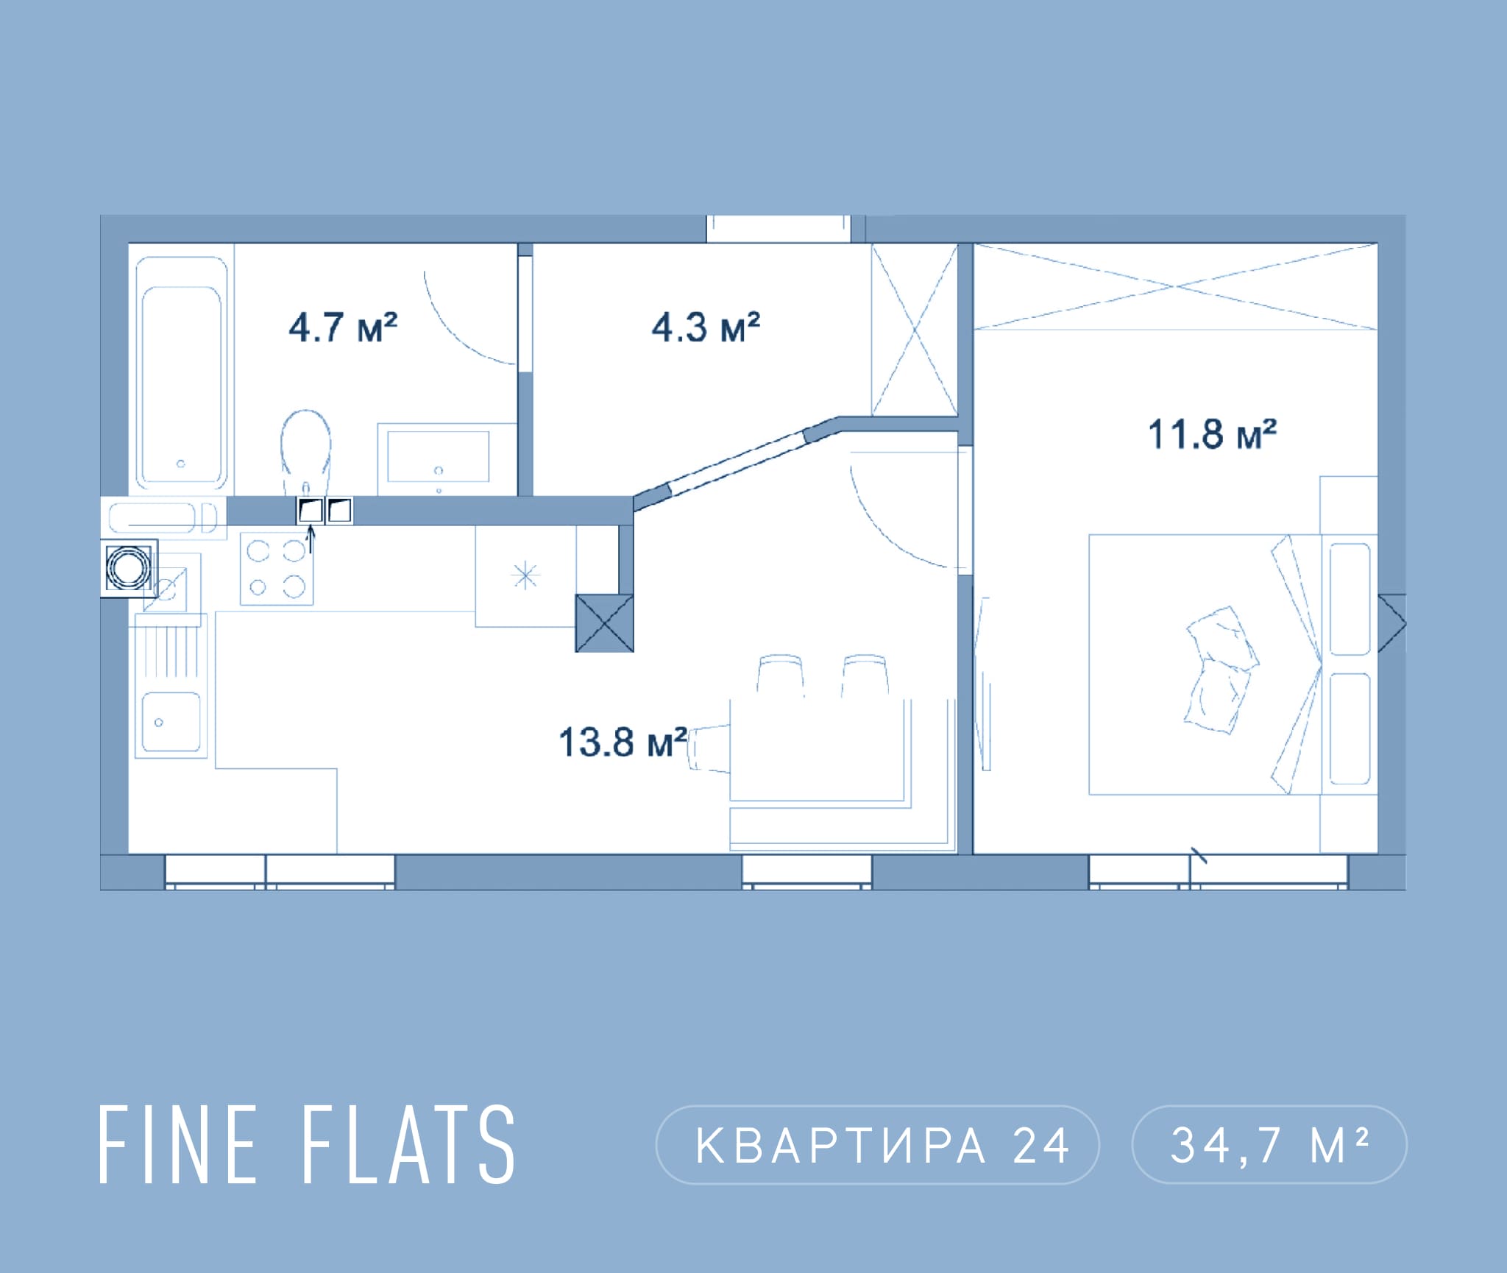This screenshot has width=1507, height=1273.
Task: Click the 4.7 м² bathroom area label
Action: (343, 327)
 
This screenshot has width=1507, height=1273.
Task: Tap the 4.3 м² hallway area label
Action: (706, 327)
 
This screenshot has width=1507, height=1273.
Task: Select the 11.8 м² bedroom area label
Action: (1212, 434)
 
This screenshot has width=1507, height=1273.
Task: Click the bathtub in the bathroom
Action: (181, 373)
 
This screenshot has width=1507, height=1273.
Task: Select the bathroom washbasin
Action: (439, 457)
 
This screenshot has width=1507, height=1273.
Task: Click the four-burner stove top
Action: (277, 568)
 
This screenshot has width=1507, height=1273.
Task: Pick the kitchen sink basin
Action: (171, 723)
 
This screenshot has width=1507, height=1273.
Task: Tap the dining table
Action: (817, 749)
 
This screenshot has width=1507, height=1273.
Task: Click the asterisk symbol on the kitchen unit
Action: (525, 575)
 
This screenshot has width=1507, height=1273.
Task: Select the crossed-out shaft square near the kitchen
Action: (604, 623)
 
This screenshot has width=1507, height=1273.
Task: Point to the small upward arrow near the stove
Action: (311, 539)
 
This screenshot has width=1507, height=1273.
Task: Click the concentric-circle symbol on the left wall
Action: (128, 568)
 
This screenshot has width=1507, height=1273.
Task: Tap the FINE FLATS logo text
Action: (307, 1144)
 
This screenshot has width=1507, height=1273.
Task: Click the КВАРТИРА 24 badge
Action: (877, 1145)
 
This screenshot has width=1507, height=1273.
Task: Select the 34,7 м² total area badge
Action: (1269, 1145)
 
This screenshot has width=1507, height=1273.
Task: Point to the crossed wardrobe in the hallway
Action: (915, 329)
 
